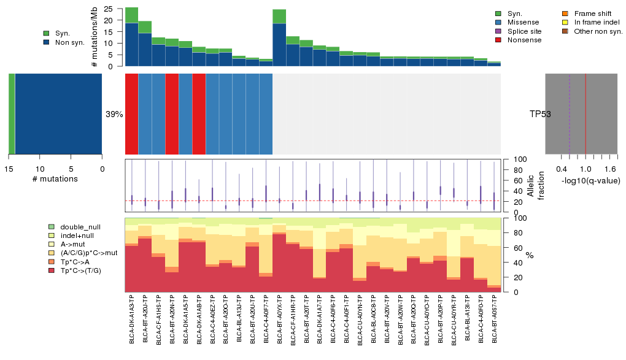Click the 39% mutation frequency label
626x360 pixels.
coord(114,114)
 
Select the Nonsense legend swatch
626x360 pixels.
coord(498,40)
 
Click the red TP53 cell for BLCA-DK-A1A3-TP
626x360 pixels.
coord(132,113)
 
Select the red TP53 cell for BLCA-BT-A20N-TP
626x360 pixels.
coord(172,113)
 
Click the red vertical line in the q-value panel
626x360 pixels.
coord(585,113)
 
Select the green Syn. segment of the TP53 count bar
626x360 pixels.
coord(12,113)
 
